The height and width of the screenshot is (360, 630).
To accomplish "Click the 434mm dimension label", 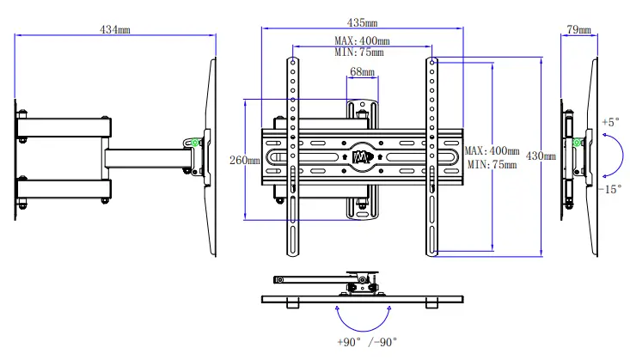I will [x=115, y=29].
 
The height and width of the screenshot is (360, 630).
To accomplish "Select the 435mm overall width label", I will [x=361, y=22].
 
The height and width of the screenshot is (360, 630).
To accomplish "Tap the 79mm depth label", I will [x=578, y=30].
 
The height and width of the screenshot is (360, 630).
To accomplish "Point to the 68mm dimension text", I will [x=362, y=73].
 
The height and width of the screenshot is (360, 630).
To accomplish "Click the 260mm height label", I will [x=244, y=161].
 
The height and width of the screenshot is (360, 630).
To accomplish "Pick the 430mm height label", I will [x=541, y=156].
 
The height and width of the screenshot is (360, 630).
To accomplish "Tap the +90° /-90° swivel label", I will [x=367, y=342].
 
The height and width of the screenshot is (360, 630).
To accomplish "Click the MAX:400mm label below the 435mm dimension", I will [x=362, y=41].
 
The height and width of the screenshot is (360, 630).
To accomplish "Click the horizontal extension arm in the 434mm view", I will [x=146, y=157].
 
